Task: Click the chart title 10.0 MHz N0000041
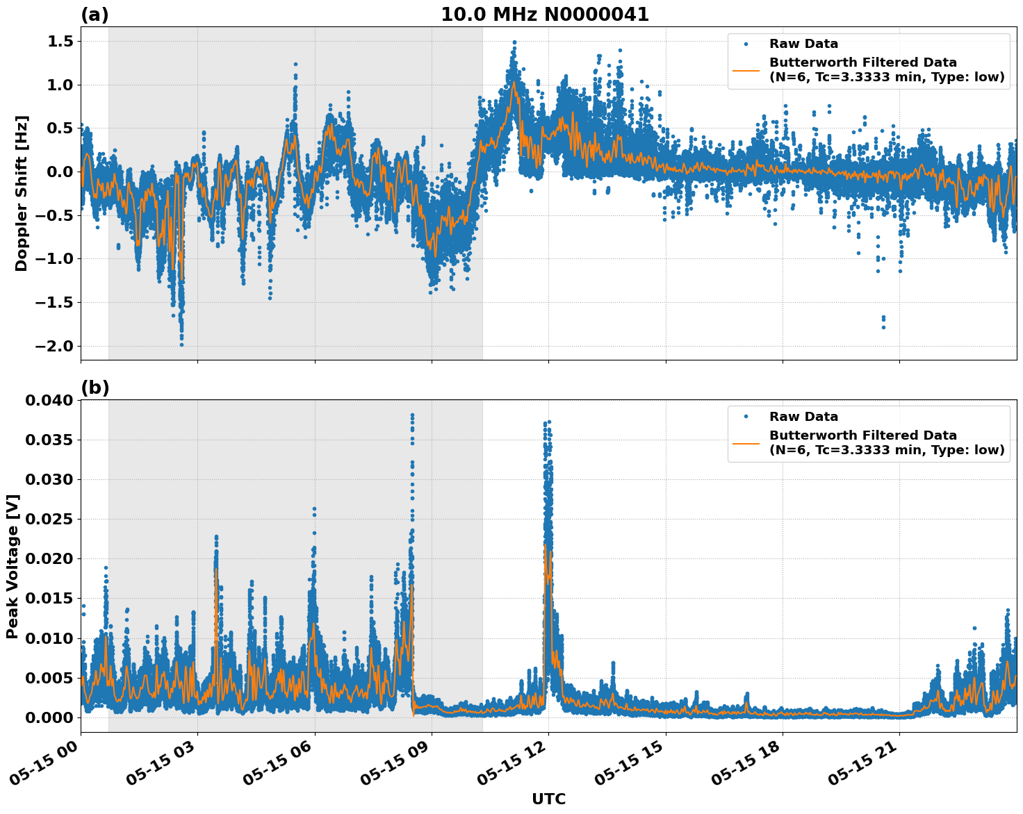pyautogui.click(x=544, y=15)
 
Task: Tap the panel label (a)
pyautogui.click(x=95, y=15)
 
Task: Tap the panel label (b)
pyautogui.click(x=95, y=388)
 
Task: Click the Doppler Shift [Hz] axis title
pyautogui.click(x=22, y=193)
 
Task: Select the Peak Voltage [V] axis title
pyautogui.click(x=13, y=566)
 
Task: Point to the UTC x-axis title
pyautogui.click(x=548, y=799)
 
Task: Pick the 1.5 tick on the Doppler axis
pyautogui.click(x=60, y=42)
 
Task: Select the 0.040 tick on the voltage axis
pyautogui.click(x=49, y=400)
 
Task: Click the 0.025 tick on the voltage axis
pyautogui.click(x=49, y=519)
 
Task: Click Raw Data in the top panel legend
pyautogui.click(x=803, y=44)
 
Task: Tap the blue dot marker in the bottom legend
pyautogui.click(x=746, y=417)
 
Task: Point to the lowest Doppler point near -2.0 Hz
pyautogui.click(x=181, y=344)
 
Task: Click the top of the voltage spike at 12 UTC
pyautogui.click(x=549, y=422)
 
